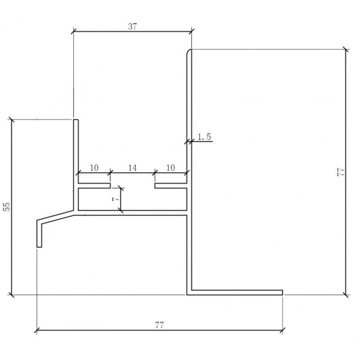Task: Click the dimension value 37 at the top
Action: [x=133, y=26]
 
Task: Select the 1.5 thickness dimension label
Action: [x=204, y=137]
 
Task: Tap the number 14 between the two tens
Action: [x=133, y=168]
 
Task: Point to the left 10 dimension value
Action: [x=94, y=168]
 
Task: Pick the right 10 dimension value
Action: [x=170, y=168]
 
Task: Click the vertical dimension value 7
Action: [x=116, y=199]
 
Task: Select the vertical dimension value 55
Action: [x=7, y=206]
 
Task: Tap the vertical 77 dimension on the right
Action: [x=340, y=172]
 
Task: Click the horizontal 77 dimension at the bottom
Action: [x=160, y=325]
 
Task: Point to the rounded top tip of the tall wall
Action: [x=190, y=50]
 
